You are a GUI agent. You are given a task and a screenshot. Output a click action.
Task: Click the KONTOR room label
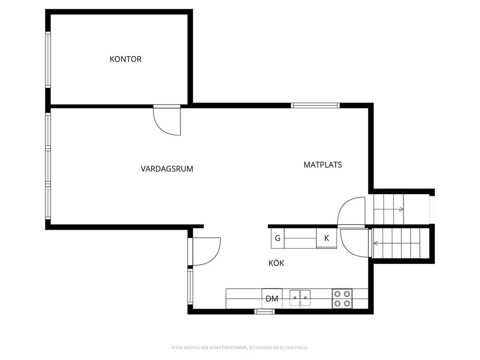(126, 59)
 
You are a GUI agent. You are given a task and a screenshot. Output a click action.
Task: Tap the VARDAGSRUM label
(167, 169)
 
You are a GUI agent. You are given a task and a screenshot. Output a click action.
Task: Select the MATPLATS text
(322, 165)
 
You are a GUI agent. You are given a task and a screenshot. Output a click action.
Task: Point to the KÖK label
(277, 262)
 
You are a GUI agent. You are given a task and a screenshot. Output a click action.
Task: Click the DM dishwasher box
(272, 299)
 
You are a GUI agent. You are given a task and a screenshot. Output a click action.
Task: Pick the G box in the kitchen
(277, 238)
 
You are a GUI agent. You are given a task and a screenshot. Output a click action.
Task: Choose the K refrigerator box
(327, 238)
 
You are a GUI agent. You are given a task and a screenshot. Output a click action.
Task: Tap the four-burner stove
(342, 299)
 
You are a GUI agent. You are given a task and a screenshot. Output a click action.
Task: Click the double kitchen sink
(300, 298)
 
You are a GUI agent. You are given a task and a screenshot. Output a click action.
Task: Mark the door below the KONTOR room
(167, 120)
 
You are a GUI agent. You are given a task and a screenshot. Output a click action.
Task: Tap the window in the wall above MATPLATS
(315, 105)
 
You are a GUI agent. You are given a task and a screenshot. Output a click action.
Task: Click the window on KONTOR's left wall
(48, 60)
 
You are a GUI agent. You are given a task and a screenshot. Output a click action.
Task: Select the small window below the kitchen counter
(264, 312)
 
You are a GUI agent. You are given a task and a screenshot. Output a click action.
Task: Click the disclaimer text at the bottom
(240, 347)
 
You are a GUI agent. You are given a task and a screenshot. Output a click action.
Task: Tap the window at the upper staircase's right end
(432, 210)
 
